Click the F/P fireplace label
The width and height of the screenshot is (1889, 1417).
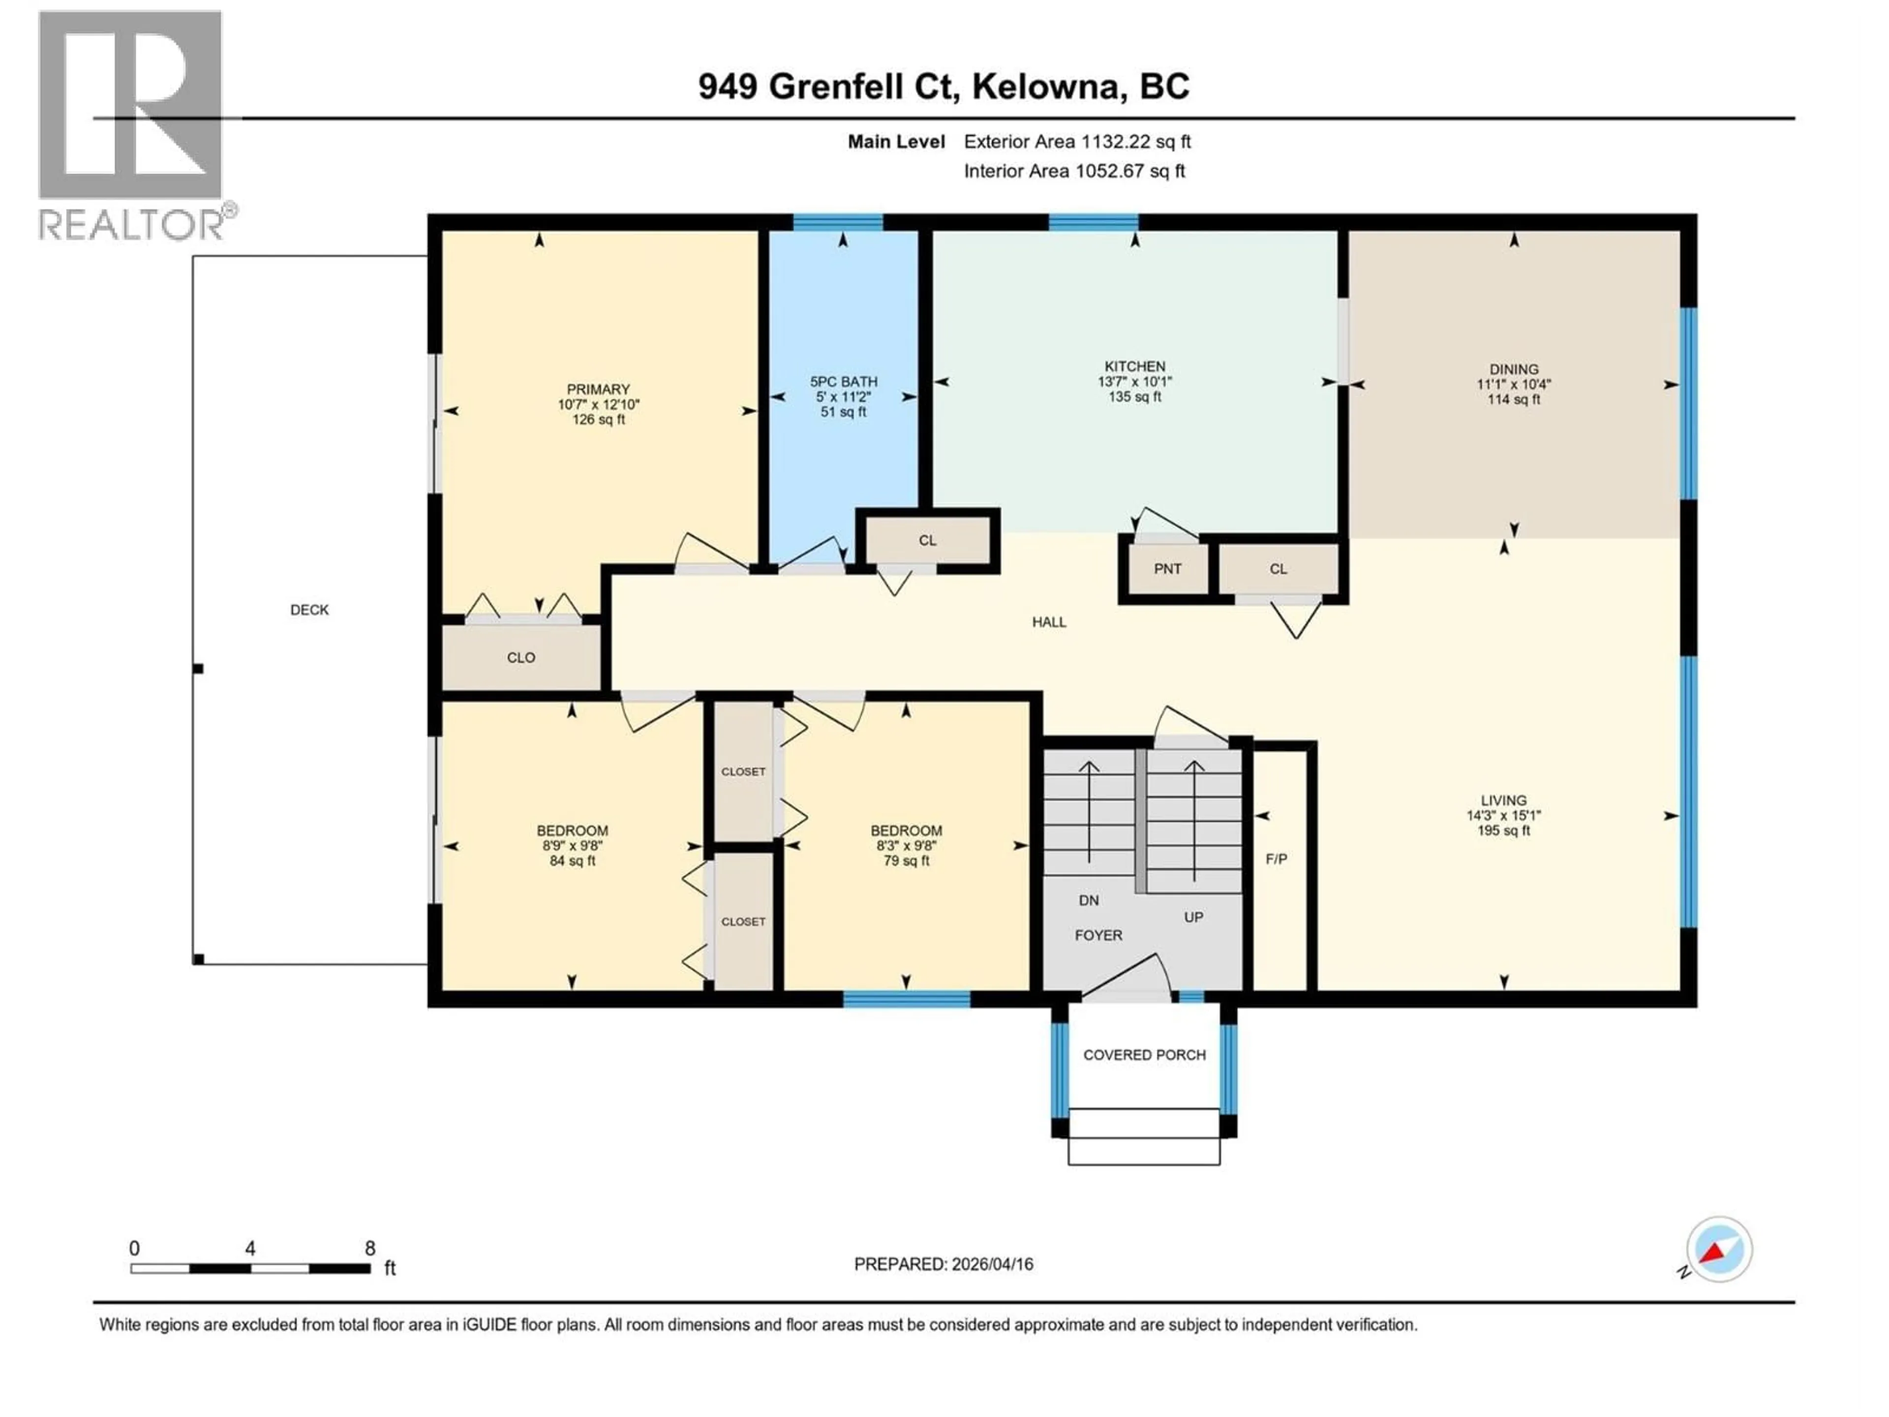tap(1276, 859)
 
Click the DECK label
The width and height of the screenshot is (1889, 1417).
tap(309, 610)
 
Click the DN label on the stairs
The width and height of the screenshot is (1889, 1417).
tap(1088, 900)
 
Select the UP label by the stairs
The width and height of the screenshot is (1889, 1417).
tap(1193, 917)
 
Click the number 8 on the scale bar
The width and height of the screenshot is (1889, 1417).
tap(370, 1248)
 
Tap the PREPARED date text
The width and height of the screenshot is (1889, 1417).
tap(943, 1264)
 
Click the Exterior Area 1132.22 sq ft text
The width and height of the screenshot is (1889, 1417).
tap(1077, 142)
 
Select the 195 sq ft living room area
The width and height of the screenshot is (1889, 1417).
tap(1503, 830)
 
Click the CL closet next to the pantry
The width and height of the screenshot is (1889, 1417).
tap(1278, 569)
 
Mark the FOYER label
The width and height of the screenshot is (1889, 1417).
tap(1098, 935)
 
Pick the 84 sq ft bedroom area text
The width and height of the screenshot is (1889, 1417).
tap(572, 861)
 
